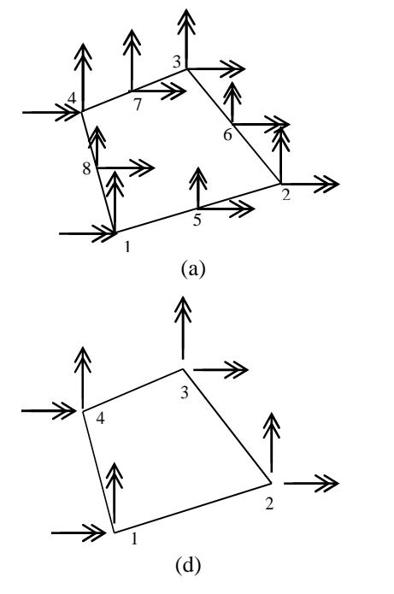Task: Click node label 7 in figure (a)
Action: tap(138, 104)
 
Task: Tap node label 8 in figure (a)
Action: tap(87, 168)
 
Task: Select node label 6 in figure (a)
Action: tap(227, 134)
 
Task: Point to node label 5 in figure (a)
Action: tap(197, 220)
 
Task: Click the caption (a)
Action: tap(194, 269)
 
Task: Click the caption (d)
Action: tap(188, 565)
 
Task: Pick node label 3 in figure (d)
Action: tap(184, 393)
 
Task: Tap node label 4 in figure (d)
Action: tap(100, 418)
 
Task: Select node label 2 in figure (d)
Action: tap(269, 504)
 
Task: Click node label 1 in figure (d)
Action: tap(134, 538)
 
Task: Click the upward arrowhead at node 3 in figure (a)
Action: tap(186, 20)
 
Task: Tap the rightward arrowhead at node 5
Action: tap(243, 209)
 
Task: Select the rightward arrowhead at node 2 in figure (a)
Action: tap(326, 184)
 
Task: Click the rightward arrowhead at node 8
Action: tap(143, 168)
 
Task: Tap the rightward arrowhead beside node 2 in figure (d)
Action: tap(326, 484)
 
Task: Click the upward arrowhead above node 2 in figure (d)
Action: tap(272, 423)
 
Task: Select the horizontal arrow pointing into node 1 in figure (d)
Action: tap(79, 533)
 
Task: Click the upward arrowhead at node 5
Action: tap(198, 178)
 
